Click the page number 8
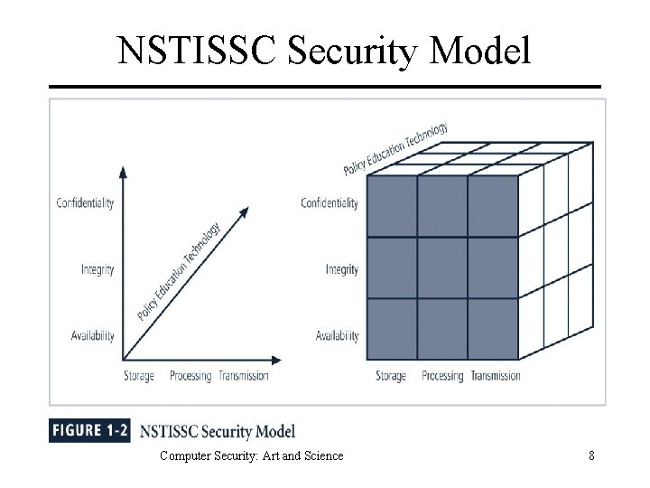591,455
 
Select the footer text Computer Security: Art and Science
251,455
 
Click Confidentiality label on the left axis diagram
85,202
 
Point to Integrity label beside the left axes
97,269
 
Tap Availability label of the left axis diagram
92,336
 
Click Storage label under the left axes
139,376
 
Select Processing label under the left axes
190,376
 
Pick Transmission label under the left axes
244,376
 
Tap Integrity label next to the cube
341,269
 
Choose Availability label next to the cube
337,336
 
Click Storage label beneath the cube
391,376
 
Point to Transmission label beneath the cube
496,376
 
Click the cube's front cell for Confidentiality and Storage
391,206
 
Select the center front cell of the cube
442,267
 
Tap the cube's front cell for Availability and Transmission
493,328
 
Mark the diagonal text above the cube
395,149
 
